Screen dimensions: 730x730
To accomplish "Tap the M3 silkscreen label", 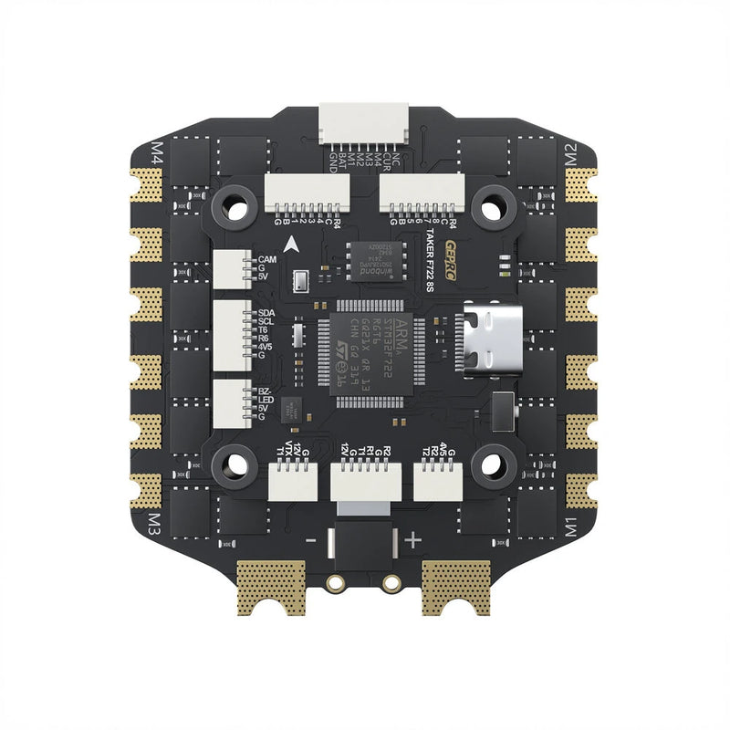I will coord(156,527).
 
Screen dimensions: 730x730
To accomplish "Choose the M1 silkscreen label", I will coord(573,527).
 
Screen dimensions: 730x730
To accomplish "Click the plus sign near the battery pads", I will coord(412,540).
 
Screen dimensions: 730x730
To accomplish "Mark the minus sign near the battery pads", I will coord(310,540).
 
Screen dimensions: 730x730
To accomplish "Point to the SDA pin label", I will coord(267,313).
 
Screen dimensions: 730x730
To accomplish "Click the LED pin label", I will coord(266,400).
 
